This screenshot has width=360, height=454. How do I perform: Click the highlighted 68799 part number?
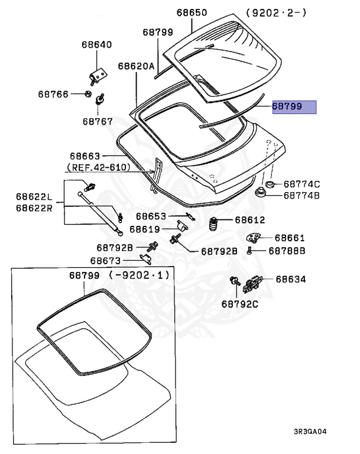tap(287, 107)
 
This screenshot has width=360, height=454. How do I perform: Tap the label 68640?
tap(97, 45)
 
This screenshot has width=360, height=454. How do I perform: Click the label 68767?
tap(98, 121)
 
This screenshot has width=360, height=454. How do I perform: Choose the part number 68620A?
tap(136, 67)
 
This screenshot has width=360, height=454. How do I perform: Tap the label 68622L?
tap(34, 196)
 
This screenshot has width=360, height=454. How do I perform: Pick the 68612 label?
tap(250, 220)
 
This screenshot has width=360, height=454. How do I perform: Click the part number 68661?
tap(290, 238)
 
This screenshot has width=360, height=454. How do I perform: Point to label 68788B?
tap(287, 251)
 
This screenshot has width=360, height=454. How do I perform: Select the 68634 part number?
tap(291, 279)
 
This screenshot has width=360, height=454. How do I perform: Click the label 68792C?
tap(241, 304)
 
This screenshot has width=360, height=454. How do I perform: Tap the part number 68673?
tap(105, 260)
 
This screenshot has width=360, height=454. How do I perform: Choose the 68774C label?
tap(301, 184)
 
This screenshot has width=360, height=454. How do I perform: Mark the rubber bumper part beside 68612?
tap(213, 226)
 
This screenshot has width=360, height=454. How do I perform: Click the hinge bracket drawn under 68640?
tap(97, 74)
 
